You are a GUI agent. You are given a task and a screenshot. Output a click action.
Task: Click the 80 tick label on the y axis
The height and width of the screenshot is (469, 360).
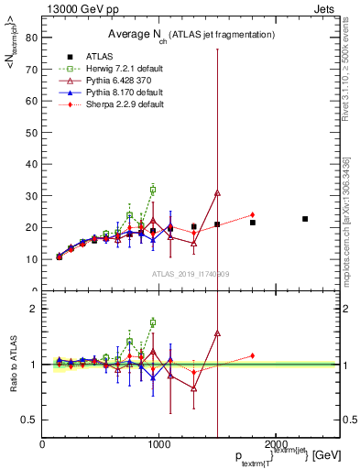[32, 38]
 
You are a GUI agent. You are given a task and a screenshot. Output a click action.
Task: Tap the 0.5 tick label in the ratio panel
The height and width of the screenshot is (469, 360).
[29, 420]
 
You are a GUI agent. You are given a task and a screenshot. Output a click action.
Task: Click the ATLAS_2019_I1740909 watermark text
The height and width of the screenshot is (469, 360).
[191, 274]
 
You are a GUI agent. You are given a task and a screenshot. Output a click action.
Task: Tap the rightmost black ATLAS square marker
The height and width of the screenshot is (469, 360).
[305, 219]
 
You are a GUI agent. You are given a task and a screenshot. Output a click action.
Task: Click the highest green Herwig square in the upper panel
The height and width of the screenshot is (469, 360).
[153, 190]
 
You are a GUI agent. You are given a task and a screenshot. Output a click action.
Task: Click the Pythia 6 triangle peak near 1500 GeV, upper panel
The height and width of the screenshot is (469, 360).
[217, 193]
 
